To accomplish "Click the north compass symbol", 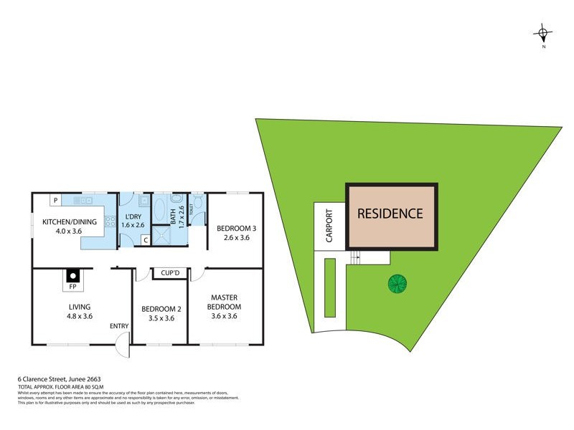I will (543, 32).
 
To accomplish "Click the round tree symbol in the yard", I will (397, 284).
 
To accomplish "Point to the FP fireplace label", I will (72, 287).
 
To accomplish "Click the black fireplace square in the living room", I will (72, 274).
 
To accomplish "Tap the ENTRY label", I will (119, 326).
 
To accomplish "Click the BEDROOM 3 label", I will (237, 229).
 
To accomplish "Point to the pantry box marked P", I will (54, 200).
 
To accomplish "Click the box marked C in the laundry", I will (145, 239).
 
